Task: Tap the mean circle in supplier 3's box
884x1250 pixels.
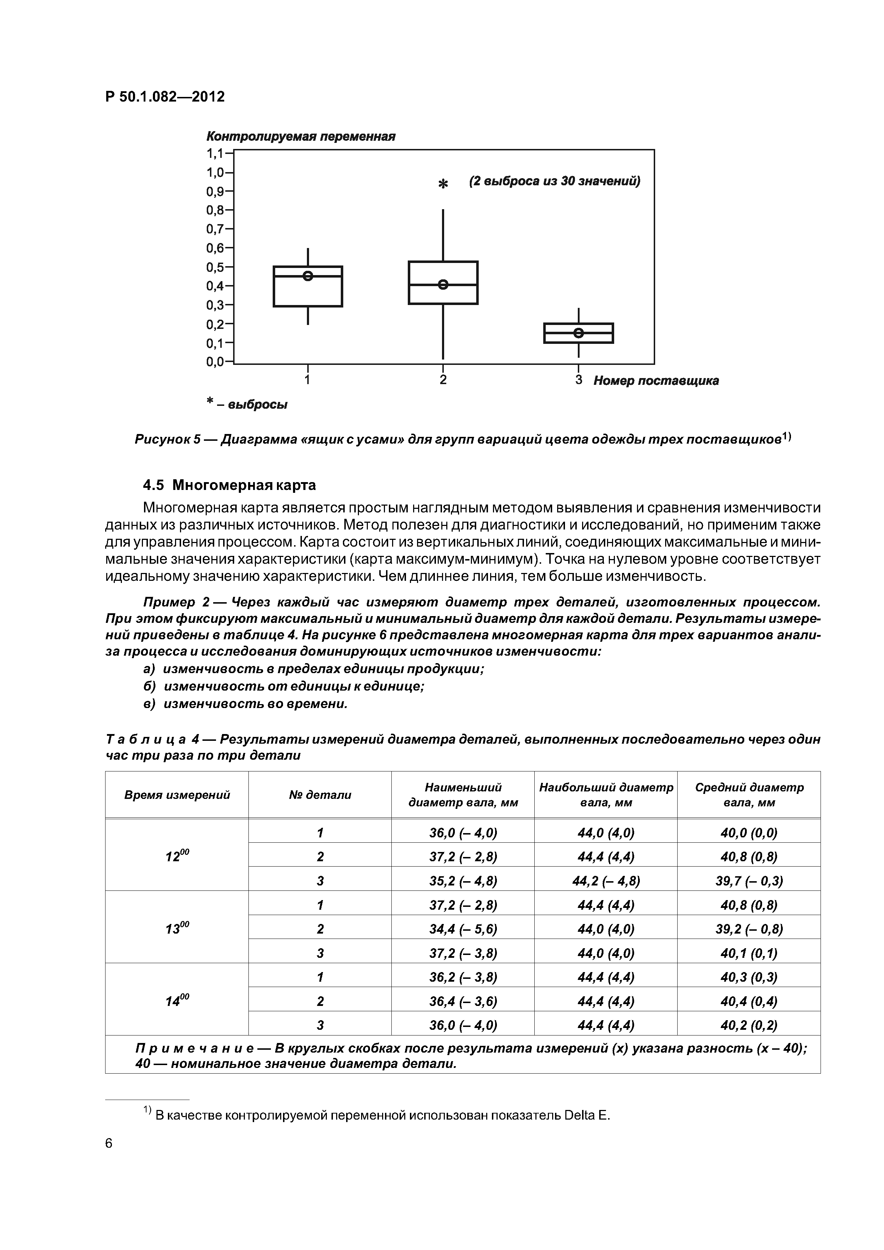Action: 579,333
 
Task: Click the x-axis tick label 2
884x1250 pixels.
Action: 443,379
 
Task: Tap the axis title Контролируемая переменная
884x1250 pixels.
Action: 300,136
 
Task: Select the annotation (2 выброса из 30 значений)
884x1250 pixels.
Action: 555,181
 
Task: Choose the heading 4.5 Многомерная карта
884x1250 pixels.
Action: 229,485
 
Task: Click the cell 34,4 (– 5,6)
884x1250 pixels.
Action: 463,928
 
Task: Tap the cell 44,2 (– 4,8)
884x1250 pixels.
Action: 606,880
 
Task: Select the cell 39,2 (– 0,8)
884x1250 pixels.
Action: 749,928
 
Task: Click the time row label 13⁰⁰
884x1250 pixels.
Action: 177,928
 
